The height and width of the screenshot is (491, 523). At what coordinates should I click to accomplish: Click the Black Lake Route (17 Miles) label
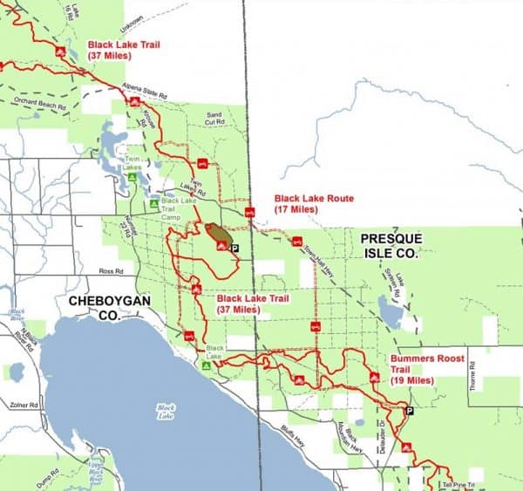[314, 204]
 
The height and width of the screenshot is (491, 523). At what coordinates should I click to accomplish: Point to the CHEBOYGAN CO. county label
[99, 305]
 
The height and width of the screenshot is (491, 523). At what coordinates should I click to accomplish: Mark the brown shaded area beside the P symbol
[218, 233]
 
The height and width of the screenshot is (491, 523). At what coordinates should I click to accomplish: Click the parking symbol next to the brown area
[234, 249]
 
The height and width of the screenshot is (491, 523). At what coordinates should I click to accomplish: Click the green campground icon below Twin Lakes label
[132, 177]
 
